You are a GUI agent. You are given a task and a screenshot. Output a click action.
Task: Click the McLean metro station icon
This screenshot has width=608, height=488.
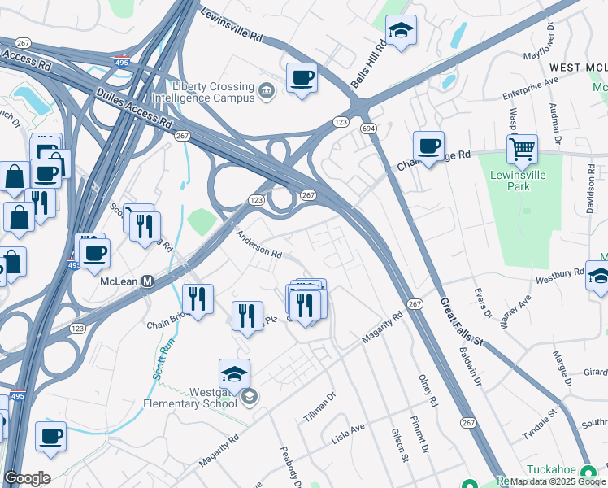pos(147,281)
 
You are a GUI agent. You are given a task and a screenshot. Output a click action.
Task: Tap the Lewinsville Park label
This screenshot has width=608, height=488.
pos(518,181)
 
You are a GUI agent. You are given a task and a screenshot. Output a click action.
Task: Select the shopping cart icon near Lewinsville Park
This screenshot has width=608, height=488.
pos(522,149)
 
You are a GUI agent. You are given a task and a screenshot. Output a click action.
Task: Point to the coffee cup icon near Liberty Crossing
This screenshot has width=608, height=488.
pos(302,78)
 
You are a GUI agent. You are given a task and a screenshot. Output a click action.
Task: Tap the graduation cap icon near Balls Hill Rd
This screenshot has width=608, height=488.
pos(400,30)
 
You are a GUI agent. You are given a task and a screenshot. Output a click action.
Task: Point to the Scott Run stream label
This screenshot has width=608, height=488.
pos(163,361)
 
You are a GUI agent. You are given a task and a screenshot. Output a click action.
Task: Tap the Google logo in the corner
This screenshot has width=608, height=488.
pos(27,477)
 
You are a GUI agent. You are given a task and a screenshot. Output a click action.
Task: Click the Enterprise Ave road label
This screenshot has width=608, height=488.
pos(530,89)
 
